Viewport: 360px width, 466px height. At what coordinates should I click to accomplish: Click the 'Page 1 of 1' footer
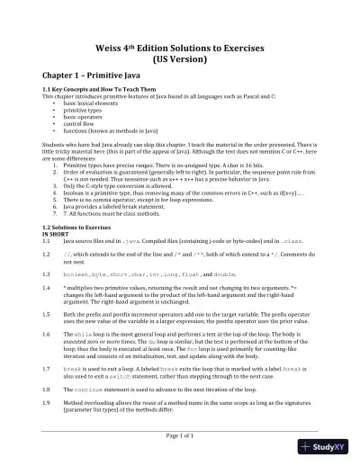(x=179, y=435)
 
